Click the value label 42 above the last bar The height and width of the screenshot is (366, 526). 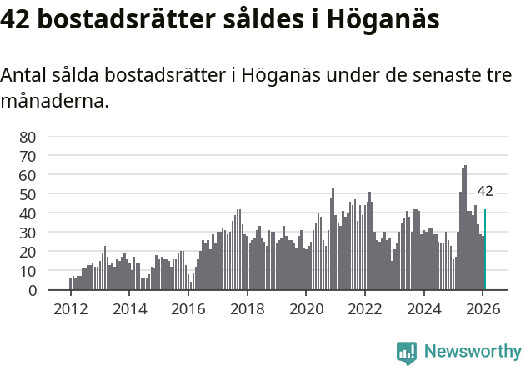pos(485,191)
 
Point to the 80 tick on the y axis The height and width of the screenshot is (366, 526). pos(28,137)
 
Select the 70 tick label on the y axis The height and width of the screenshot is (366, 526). pos(28,156)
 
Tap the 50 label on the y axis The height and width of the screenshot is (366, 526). pos(28,194)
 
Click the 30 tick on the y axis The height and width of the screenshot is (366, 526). pos(28,233)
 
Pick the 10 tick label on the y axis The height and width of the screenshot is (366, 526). pos(28,271)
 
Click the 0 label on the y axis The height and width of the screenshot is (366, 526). pos(33,290)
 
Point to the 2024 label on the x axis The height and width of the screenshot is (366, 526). pos(423,309)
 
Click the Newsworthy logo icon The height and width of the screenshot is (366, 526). pos(406,353)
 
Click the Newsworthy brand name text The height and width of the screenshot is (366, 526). pos(472,353)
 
